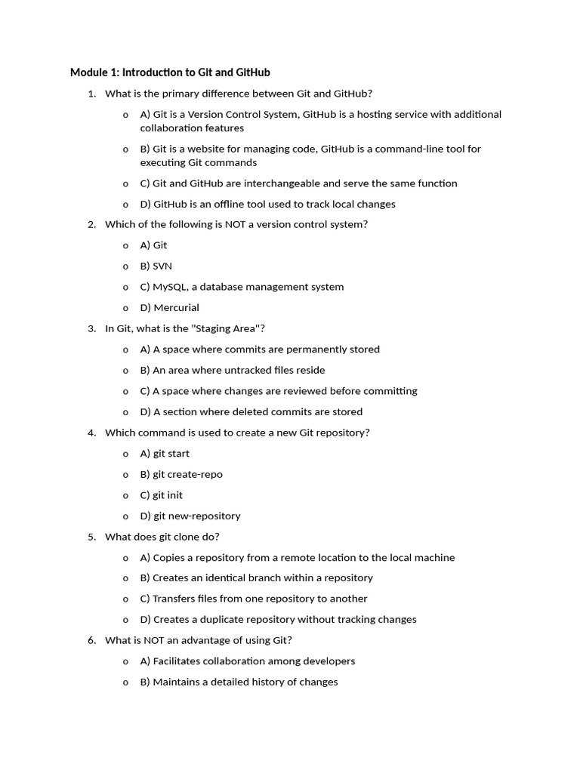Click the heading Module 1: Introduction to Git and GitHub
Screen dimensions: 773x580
click(170, 72)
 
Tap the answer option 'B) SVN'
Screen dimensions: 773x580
click(156, 266)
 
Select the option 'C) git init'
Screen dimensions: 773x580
click(162, 495)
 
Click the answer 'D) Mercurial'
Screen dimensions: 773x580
click(170, 307)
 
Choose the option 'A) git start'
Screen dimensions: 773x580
click(165, 454)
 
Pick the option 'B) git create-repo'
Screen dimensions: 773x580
click(181, 474)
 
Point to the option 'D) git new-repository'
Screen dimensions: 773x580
click(190, 516)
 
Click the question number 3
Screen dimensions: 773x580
click(91, 328)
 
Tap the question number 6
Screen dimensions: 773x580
click(91, 640)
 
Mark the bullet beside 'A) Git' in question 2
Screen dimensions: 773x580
click(125, 245)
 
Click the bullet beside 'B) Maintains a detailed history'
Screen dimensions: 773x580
click(125, 682)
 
